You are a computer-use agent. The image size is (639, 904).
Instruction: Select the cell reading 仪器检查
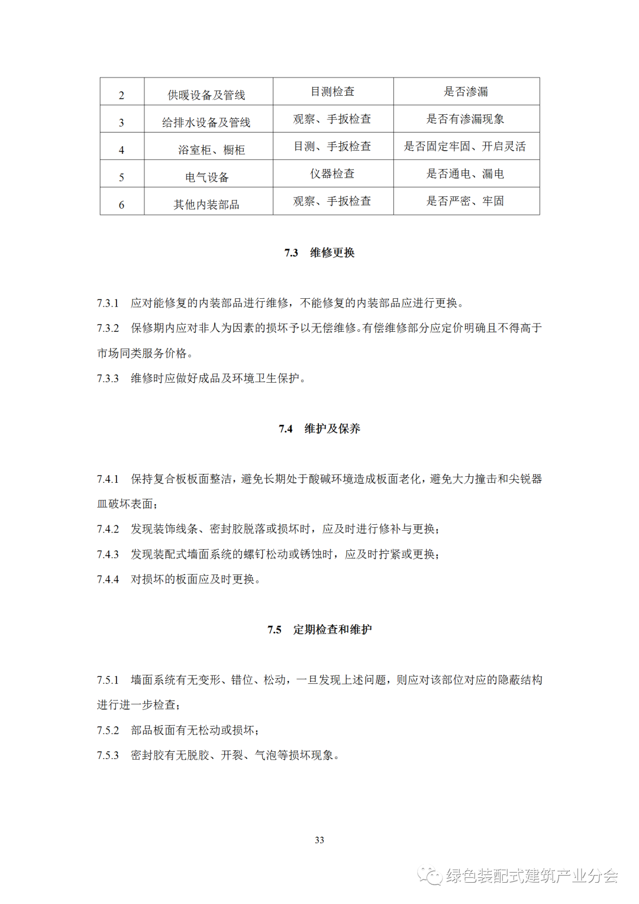(x=333, y=173)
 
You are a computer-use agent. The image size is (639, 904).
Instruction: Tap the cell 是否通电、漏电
(x=466, y=173)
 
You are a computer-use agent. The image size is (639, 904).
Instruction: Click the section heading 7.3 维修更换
(x=319, y=253)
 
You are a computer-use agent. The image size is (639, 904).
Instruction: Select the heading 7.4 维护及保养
(x=319, y=428)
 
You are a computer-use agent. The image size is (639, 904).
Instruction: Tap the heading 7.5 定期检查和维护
(x=319, y=629)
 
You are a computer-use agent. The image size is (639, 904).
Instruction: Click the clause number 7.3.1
(x=108, y=303)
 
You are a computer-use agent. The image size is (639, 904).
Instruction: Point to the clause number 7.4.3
(x=108, y=554)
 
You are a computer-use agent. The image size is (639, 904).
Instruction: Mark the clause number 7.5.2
(x=108, y=731)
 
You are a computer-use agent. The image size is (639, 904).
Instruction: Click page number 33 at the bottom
(x=319, y=840)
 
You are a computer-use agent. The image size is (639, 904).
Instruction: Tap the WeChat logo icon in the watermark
(x=430, y=876)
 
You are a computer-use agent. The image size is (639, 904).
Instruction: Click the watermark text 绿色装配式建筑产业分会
(x=532, y=876)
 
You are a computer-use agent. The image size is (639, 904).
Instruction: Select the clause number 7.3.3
(x=108, y=379)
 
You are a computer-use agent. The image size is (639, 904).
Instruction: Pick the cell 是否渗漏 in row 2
(x=466, y=92)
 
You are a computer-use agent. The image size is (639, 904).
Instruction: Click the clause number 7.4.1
(x=108, y=479)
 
